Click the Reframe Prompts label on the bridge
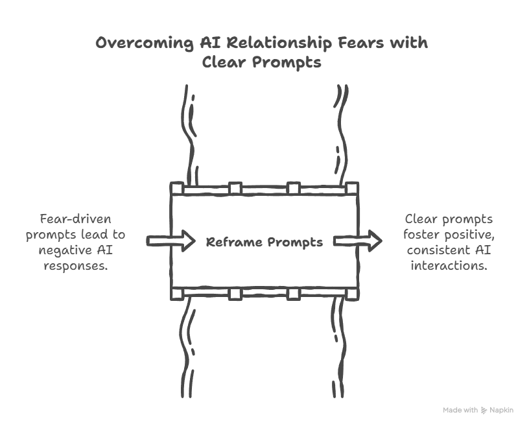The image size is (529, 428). coord(264,243)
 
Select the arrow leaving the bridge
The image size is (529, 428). coord(357,241)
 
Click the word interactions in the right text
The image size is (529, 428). coord(449,265)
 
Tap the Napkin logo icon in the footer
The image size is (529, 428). coord(484,410)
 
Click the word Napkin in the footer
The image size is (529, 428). coord(501,410)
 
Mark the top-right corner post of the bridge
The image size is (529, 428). coord(352,189)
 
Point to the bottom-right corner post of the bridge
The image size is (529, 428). coord(352,294)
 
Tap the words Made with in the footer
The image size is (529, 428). coord(461,410)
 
